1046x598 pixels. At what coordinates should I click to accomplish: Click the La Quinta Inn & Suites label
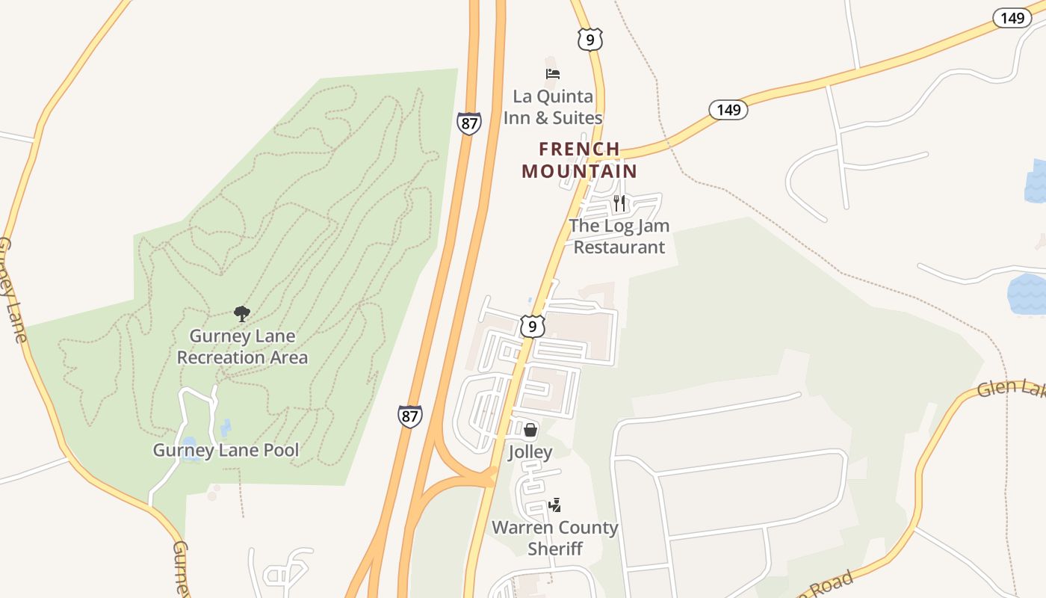pyautogui.click(x=553, y=107)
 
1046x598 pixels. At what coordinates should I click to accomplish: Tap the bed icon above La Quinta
pyautogui.click(x=553, y=73)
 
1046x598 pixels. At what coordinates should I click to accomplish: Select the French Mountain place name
pyautogui.click(x=580, y=160)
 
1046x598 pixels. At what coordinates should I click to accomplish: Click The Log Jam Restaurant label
pyautogui.click(x=619, y=236)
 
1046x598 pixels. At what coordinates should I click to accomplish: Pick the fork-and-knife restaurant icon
pyautogui.click(x=619, y=203)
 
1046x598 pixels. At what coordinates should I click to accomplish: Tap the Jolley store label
pyautogui.click(x=530, y=451)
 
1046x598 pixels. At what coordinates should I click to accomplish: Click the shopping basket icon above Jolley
pyautogui.click(x=530, y=430)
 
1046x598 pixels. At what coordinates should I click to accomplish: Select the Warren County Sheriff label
pyautogui.click(x=554, y=537)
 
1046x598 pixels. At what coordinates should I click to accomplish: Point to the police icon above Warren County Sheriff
pyautogui.click(x=554, y=506)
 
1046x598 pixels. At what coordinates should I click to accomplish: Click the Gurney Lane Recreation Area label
pyautogui.click(x=242, y=347)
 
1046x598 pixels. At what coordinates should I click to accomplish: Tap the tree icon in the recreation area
pyautogui.click(x=241, y=313)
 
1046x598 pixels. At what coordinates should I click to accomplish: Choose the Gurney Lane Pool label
pyautogui.click(x=226, y=450)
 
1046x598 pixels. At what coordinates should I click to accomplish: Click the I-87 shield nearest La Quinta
pyautogui.click(x=469, y=123)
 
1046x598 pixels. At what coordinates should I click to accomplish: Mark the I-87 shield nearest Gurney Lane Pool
pyautogui.click(x=409, y=416)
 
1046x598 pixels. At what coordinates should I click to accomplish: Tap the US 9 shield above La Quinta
pyautogui.click(x=590, y=40)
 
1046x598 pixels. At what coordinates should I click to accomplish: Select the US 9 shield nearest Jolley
pyautogui.click(x=532, y=326)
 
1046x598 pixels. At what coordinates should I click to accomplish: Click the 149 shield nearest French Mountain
pyautogui.click(x=728, y=111)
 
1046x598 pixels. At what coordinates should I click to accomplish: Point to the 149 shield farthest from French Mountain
pyautogui.click(x=1012, y=18)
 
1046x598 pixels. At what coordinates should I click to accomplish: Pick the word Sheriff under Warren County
pyautogui.click(x=554, y=549)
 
